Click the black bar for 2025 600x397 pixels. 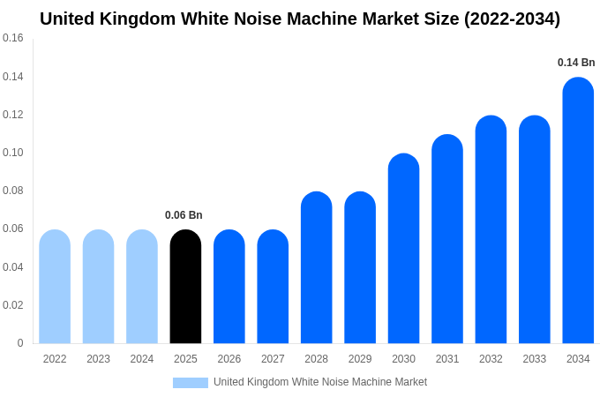pyautogui.click(x=185, y=287)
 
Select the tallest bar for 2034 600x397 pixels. pyautogui.click(x=578, y=212)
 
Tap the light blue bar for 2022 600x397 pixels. pyautogui.click(x=55, y=287)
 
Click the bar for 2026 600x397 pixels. pyautogui.click(x=229, y=287)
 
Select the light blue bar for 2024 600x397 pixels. pyautogui.click(x=142, y=287)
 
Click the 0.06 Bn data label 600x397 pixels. pyautogui.click(x=184, y=215)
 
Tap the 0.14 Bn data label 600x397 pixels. pyautogui.click(x=576, y=63)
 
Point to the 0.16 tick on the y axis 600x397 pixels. pyautogui.click(x=13, y=39)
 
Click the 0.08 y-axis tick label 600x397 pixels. pyautogui.click(x=13, y=191)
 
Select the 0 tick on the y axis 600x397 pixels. pyautogui.click(x=20, y=343)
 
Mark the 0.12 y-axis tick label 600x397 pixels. pyautogui.click(x=13, y=115)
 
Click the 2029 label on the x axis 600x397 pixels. pyautogui.click(x=360, y=359)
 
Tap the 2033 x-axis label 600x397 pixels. pyautogui.click(x=534, y=359)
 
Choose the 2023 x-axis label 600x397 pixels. pyautogui.click(x=98, y=359)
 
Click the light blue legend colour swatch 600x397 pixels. pyautogui.click(x=191, y=382)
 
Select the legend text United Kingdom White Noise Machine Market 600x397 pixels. pyautogui.click(x=320, y=382)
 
